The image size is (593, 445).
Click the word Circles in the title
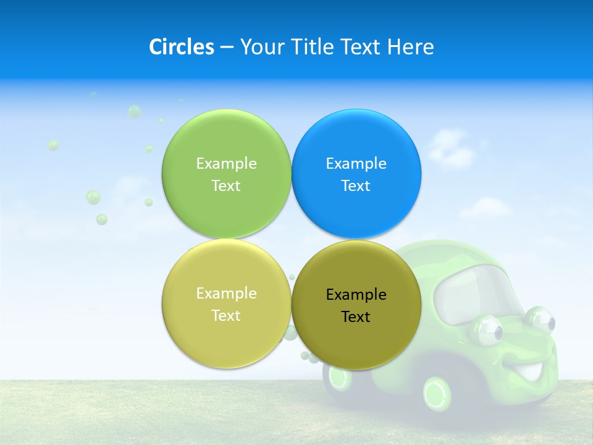[x=181, y=47]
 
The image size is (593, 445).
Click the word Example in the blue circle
[x=356, y=164]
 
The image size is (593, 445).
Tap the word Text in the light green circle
[x=226, y=186]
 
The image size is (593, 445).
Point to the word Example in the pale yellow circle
[x=226, y=294]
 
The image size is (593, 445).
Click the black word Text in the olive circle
[x=356, y=317]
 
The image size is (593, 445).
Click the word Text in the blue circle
[x=356, y=186]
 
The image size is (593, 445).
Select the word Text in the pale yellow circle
[x=226, y=316]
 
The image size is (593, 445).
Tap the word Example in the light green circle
[x=226, y=164]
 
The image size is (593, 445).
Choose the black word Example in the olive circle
[x=356, y=295]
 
